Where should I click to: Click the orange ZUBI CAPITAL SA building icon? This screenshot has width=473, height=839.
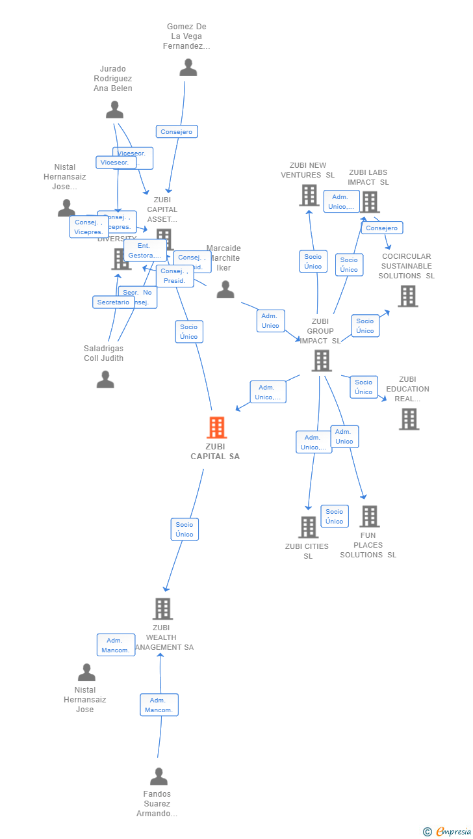tap(216, 427)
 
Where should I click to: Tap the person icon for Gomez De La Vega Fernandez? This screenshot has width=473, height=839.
tap(188, 68)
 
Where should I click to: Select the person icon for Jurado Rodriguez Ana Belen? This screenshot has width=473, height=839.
tap(114, 110)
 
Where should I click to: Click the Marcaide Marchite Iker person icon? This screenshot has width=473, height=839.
tap(225, 289)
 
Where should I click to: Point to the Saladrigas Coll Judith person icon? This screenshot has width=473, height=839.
tap(105, 379)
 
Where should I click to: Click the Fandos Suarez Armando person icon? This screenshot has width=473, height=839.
tap(159, 777)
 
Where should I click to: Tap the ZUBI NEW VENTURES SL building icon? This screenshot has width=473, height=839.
tap(309, 195)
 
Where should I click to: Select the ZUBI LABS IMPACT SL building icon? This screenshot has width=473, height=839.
tap(370, 202)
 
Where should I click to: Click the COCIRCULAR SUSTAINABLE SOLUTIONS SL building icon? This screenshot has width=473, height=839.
tap(407, 297)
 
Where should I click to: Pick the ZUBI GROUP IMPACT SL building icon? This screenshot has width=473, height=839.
tap(322, 360)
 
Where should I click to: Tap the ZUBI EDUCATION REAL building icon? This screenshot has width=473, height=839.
tap(409, 419)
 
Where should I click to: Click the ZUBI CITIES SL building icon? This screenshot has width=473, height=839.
tap(308, 527)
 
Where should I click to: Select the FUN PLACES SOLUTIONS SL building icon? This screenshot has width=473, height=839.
tap(369, 516)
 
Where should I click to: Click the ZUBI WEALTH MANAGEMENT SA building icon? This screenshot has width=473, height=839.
tap(162, 609)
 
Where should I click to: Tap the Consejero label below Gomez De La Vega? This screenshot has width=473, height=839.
tap(177, 132)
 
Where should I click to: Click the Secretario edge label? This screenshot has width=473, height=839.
tap(114, 302)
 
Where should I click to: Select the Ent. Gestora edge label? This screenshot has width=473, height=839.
tap(144, 250)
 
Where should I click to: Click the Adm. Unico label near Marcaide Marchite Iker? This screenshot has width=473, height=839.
tap(270, 321)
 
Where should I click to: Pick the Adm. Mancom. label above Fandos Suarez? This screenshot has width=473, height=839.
tap(159, 705)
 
